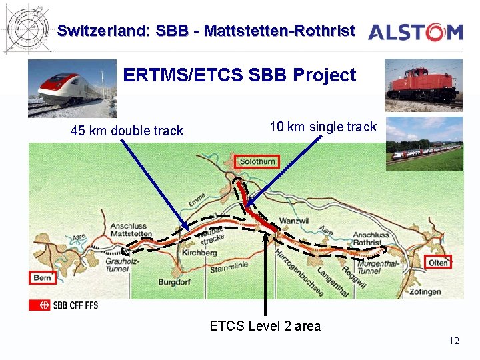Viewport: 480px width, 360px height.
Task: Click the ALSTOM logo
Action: [x=415, y=31]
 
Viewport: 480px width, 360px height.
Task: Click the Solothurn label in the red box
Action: [x=257, y=161]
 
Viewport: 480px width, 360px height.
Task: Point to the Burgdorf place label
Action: [x=174, y=283]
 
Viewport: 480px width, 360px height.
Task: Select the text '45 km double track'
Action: [x=127, y=131]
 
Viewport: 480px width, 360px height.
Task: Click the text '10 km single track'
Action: [x=323, y=127]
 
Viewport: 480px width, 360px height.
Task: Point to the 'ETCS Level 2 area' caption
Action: [x=265, y=326]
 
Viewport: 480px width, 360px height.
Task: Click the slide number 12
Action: [x=454, y=341]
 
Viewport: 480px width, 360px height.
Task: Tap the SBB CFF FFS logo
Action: [x=63, y=305]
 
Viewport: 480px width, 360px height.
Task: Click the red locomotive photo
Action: [x=423, y=85]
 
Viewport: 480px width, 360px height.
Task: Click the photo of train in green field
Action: [x=423, y=143]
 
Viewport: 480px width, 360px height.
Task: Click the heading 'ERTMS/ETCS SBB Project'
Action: [x=239, y=75]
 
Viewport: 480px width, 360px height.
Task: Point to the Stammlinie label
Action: [x=229, y=267]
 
